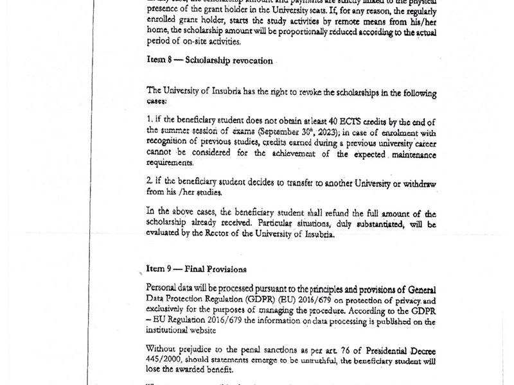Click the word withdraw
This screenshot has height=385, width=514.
point(418,183)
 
